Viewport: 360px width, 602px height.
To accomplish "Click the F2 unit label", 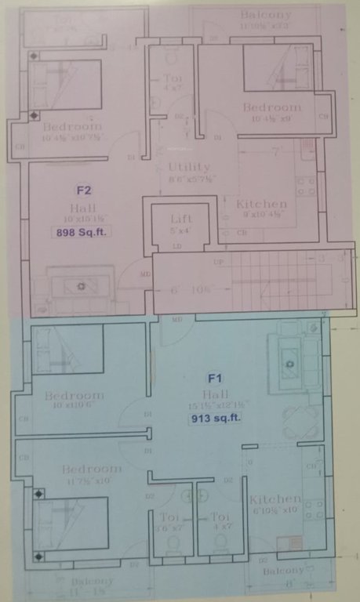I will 84,189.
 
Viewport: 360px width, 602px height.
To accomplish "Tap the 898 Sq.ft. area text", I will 82,233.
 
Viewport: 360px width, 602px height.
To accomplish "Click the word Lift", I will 181,219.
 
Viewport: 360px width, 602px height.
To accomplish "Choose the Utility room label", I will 189,167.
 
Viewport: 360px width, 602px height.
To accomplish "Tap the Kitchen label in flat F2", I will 261,204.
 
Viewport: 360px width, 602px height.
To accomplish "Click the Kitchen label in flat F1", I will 275,499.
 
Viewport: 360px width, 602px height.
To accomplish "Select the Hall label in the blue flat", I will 214,393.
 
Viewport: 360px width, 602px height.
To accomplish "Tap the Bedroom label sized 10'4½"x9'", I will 271,107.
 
